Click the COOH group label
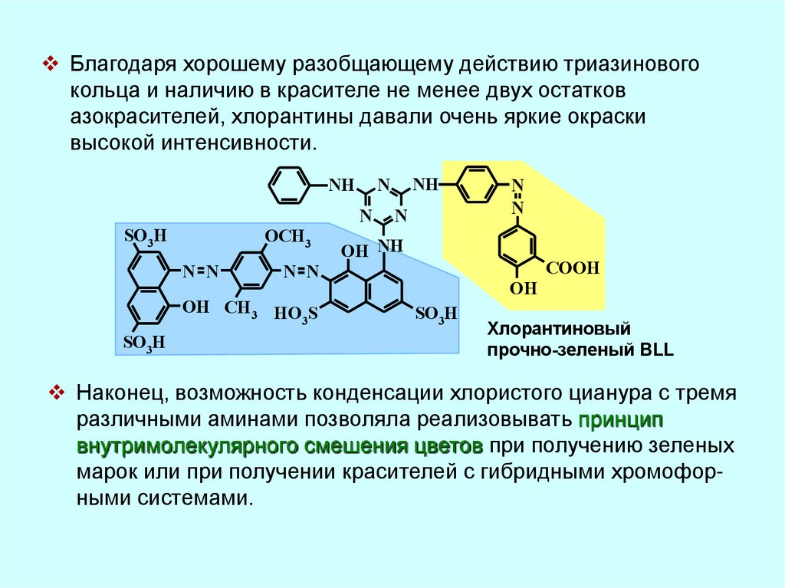(572, 268)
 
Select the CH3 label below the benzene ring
(240, 308)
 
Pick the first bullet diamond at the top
(52, 62)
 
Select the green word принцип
(621, 420)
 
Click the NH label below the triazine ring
(390, 245)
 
